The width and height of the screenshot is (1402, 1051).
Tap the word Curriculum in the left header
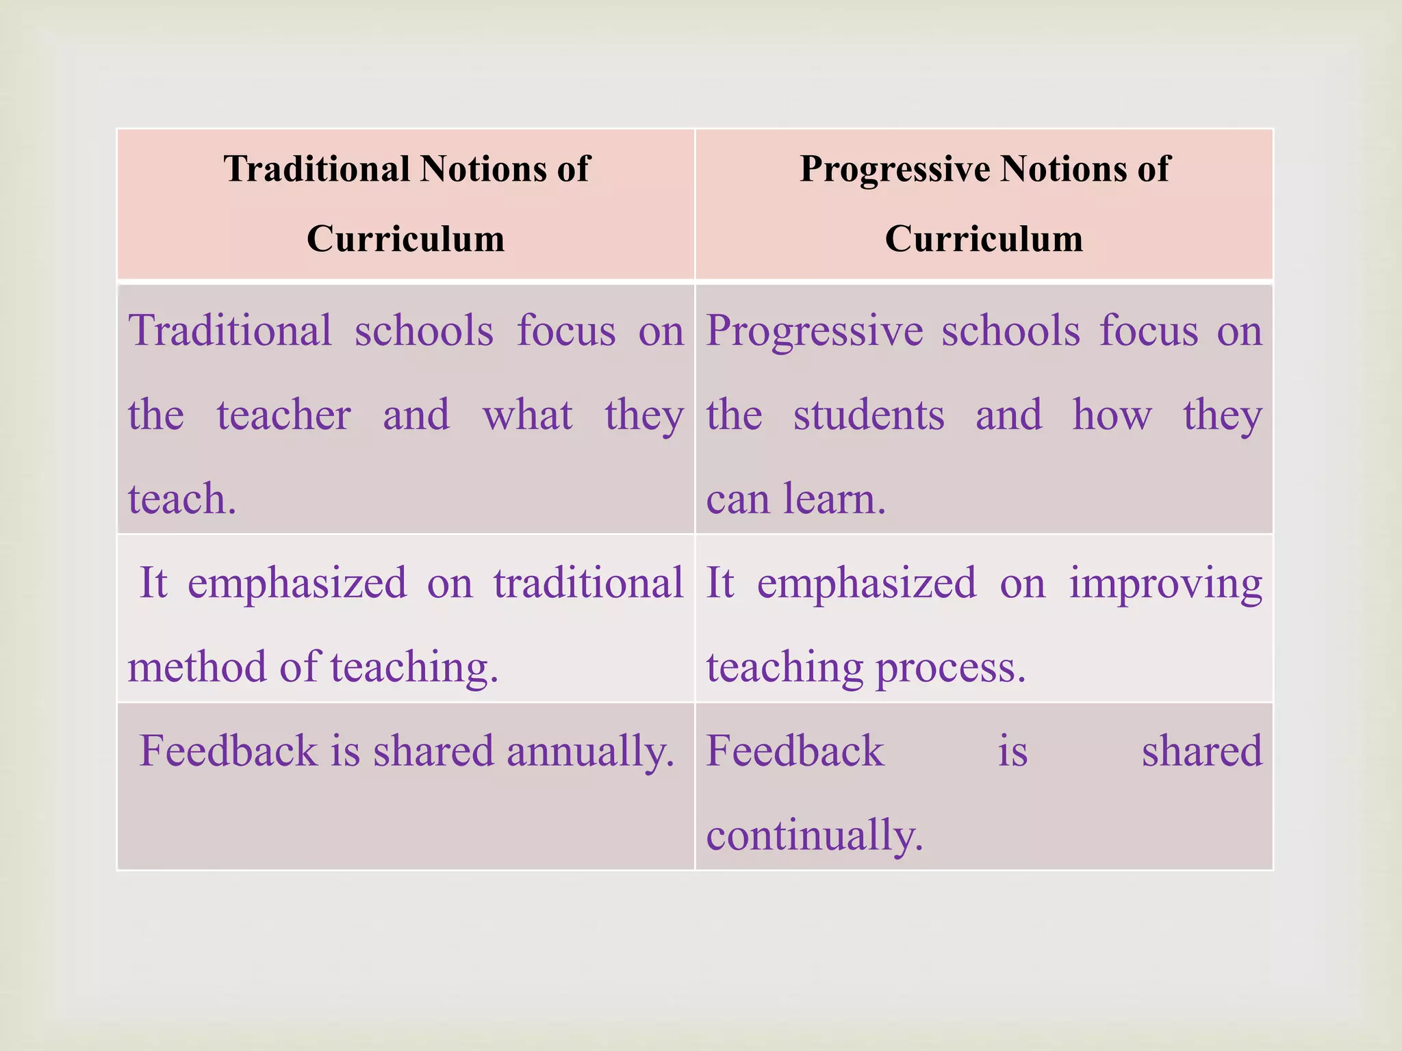click(x=405, y=239)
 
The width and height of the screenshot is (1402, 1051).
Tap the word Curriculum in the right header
click(x=983, y=239)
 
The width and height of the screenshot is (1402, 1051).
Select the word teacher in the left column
click(x=284, y=415)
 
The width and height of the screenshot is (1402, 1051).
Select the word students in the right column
click(x=869, y=415)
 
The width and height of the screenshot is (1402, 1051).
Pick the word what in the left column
click(x=527, y=415)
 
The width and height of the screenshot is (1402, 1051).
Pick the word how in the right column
click(x=1112, y=415)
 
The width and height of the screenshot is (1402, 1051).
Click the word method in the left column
click(x=197, y=666)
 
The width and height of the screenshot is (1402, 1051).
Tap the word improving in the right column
click(x=1166, y=584)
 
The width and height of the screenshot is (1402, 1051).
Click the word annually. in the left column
click(x=591, y=751)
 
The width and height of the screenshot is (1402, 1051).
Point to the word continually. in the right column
click(x=815, y=835)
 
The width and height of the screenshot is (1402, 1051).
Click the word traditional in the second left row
click(x=588, y=583)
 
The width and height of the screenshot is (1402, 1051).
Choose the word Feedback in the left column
click(x=229, y=751)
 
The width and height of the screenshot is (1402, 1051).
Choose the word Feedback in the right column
click(x=795, y=751)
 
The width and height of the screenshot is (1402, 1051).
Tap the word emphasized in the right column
click(x=866, y=583)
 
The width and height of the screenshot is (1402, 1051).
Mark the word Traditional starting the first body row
click(x=231, y=330)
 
